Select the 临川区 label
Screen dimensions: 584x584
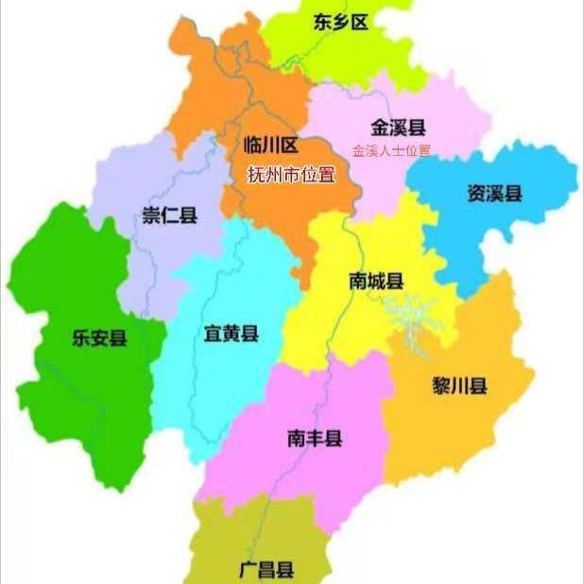tap(270, 145)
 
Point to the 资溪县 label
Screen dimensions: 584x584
tap(494, 194)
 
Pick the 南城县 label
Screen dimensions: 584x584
tap(376, 281)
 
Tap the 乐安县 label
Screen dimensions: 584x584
tap(98, 337)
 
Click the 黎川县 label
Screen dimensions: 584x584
tap(459, 386)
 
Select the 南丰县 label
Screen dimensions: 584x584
tap(315, 438)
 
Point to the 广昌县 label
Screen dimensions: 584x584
tap(266, 570)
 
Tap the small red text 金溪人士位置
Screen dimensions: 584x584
tap(390, 150)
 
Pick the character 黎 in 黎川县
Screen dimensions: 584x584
tap(441, 386)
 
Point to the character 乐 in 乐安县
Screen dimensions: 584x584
tap(80, 337)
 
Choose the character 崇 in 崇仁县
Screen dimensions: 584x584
tap(151, 215)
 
